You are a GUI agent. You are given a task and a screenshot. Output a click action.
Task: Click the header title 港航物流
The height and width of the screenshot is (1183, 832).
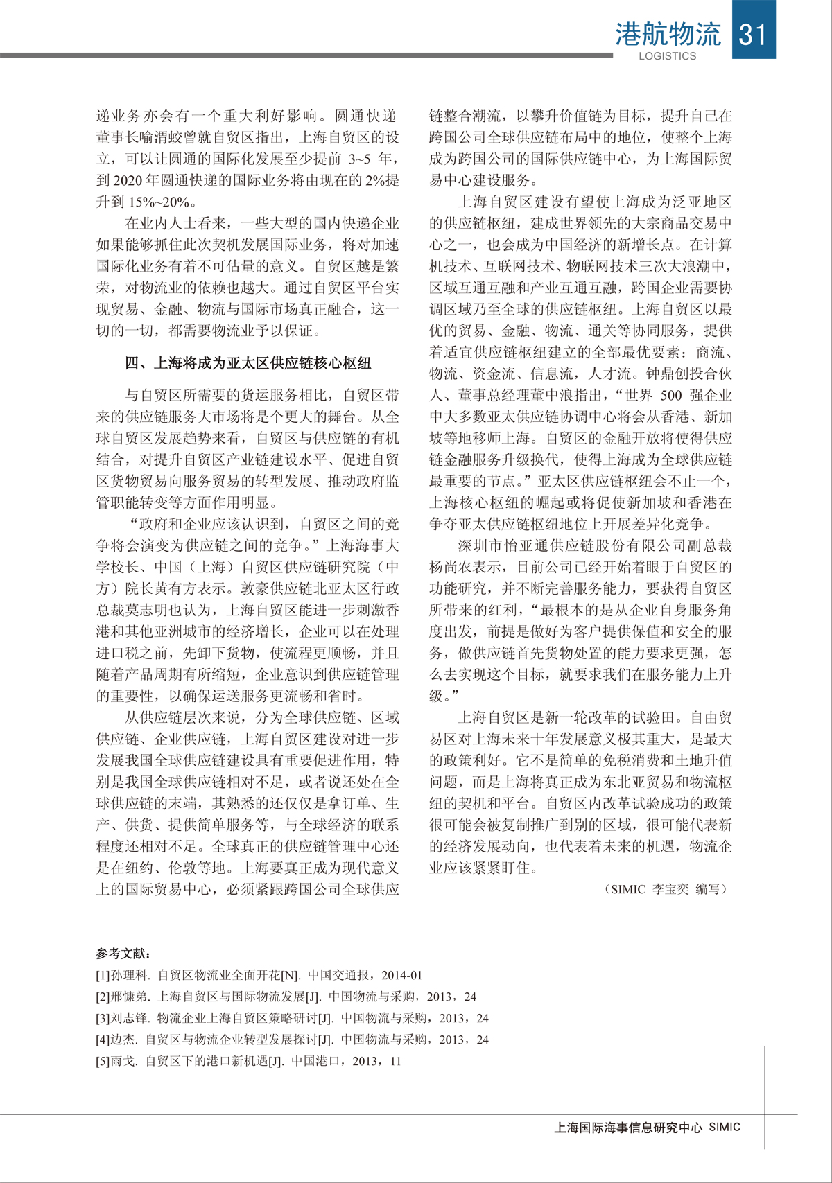(x=667, y=34)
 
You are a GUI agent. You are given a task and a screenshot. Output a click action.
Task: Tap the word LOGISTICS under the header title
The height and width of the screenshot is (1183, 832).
(x=667, y=56)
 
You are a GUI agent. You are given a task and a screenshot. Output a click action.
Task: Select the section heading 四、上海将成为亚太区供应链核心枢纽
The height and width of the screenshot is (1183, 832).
(x=248, y=363)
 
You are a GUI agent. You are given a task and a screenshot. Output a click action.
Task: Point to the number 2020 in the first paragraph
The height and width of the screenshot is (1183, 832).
(x=128, y=180)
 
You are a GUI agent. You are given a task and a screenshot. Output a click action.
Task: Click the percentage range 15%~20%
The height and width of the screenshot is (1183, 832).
(x=159, y=202)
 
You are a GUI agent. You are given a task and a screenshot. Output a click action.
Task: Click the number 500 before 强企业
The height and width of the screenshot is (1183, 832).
(x=670, y=396)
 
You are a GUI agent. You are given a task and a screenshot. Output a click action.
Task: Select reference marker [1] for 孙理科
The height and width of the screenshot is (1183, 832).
(x=103, y=975)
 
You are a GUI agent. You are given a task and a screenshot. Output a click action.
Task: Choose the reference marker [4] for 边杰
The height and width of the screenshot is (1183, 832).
(x=103, y=1040)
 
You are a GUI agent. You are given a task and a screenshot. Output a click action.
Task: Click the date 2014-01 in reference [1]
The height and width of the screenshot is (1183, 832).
(x=401, y=975)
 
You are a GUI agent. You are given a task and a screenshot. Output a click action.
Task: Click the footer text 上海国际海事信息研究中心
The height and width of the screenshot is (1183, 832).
(x=628, y=1128)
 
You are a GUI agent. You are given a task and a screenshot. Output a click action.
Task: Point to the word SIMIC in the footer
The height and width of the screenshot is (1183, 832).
(x=725, y=1128)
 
